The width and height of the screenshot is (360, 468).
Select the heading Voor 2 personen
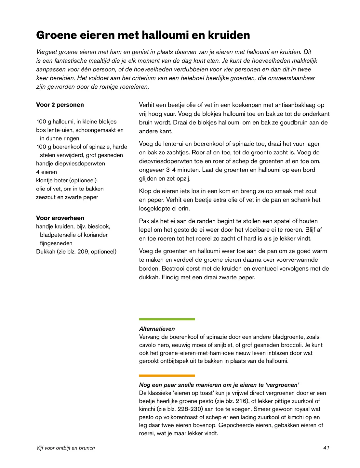tap(60, 105)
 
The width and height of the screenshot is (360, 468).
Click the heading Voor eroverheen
tap(60, 218)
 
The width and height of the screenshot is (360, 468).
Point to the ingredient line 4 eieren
tap(47, 172)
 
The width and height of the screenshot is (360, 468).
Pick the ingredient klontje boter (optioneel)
tap(66, 180)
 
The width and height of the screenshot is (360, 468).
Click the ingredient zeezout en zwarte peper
tap(67, 197)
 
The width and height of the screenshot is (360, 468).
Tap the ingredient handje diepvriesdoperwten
tap(71, 163)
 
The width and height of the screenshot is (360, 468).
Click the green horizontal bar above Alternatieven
tap(167, 319)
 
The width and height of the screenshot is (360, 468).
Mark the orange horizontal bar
tap(167, 376)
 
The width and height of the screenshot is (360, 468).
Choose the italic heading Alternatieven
tap(157, 329)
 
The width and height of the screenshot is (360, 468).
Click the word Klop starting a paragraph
tap(145, 191)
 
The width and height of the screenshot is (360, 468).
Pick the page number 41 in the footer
tap(326, 448)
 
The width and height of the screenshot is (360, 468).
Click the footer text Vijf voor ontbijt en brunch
tap(65, 448)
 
